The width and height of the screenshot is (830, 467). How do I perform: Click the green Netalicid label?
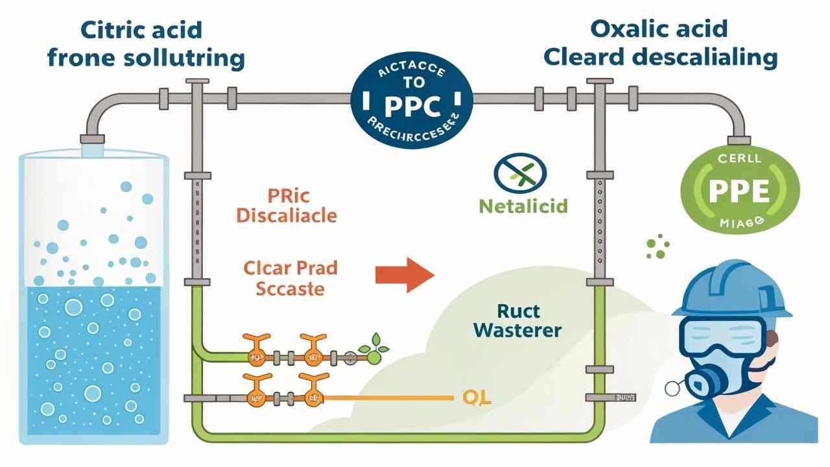[x=523, y=206]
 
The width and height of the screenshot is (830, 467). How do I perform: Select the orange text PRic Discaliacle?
[x=287, y=205]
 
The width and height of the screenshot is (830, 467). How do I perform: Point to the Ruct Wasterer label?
[x=517, y=320]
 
